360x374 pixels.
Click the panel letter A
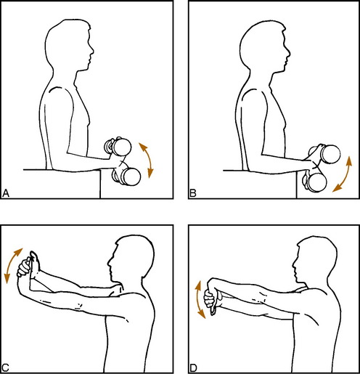point(6,193)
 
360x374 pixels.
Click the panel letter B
point(193,193)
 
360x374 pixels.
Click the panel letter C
point(5,367)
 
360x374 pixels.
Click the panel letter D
point(193,367)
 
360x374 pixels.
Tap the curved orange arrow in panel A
point(149,160)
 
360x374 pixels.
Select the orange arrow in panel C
point(12,265)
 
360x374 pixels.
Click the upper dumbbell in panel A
point(118,146)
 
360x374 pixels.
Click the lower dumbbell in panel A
point(127,176)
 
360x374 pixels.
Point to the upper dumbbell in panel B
point(325,153)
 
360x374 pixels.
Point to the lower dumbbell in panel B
point(314,182)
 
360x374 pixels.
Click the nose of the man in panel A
point(92,51)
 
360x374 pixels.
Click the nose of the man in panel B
point(288,52)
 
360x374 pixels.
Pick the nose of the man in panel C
point(110,262)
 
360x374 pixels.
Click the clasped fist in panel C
point(24,268)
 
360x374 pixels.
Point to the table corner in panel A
point(100,170)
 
